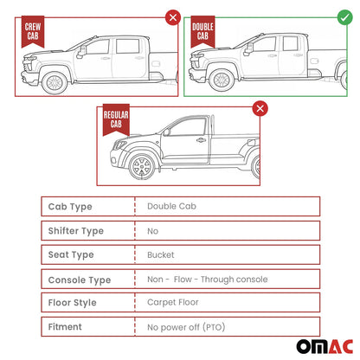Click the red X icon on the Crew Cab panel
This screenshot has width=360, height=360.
pos(173,16)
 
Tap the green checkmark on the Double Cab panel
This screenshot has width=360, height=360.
pos(344,16)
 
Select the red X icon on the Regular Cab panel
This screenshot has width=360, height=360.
pos(258,108)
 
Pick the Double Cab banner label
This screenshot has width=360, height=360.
pos(202,31)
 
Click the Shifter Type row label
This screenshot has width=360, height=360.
pos(77,231)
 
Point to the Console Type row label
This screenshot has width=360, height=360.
pos(80,280)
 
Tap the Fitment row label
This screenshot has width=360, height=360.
pos(65,328)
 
